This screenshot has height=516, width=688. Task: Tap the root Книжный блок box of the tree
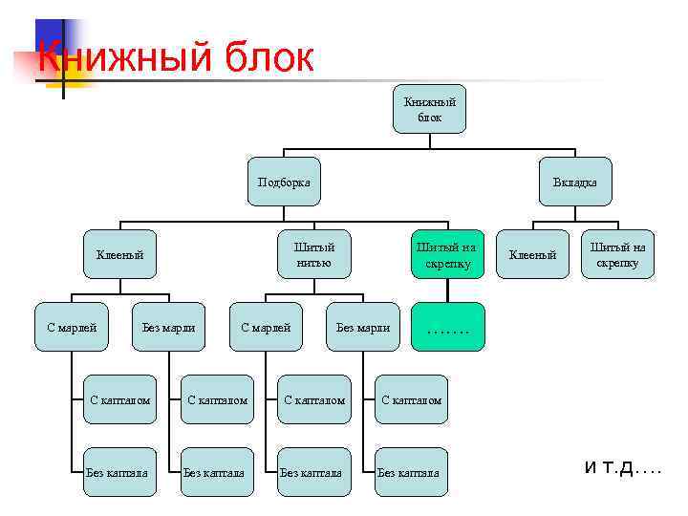click(429, 109)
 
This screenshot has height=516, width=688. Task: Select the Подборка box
click(284, 182)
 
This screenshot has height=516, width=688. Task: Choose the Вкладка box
click(574, 182)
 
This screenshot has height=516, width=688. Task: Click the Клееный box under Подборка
click(119, 254)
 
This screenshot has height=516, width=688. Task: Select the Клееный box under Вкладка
click(532, 254)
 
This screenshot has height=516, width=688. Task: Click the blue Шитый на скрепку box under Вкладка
click(617, 254)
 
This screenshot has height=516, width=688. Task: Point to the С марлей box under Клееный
click(72, 328)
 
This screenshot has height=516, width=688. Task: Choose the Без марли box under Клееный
click(168, 328)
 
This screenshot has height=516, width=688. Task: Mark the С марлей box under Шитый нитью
click(266, 328)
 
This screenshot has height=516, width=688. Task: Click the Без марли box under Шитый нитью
click(363, 328)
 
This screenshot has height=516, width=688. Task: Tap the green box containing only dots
click(448, 328)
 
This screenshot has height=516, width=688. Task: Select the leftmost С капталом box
click(120, 399)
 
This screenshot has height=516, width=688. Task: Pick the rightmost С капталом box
click(411, 399)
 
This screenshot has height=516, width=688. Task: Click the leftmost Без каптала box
click(120, 472)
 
